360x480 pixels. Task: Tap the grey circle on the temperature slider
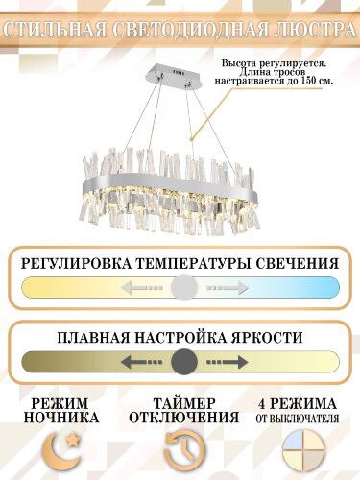pos(184,287)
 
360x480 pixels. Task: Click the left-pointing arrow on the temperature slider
pos(139,287)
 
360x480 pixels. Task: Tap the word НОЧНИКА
pos(63,418)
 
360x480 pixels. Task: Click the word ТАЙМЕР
pos(182,402)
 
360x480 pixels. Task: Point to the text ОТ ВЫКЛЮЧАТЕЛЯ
pos(300,418)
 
